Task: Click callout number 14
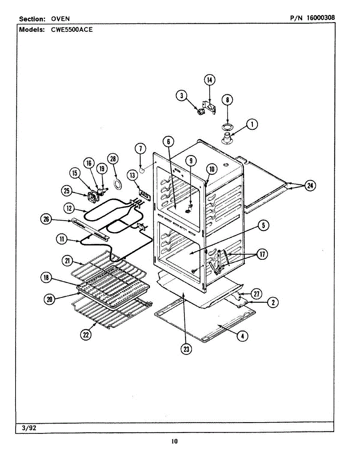[210, 80]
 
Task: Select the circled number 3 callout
[181, 96]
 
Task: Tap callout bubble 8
[227, 100]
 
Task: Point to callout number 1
[252, 125]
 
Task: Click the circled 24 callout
[310, 186]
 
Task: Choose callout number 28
[113, 158]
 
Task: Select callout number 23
[186, 349]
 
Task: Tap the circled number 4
[242, 336]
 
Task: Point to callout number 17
[263, 254]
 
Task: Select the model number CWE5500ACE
[72, 29]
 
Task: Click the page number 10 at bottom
[174, 441]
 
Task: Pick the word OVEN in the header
[60, 19]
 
